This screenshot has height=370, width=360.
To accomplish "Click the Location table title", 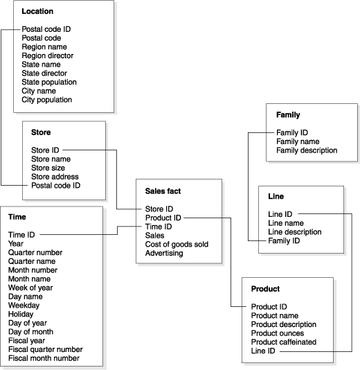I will click(37, 12).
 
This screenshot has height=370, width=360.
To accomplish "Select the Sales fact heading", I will click(163, 191).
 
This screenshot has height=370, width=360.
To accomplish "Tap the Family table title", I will click(288, 114).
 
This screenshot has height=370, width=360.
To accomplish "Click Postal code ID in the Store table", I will click(55, 185).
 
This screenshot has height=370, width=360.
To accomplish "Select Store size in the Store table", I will click(49, 167).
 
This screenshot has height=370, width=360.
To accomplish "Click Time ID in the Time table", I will click(21, 235).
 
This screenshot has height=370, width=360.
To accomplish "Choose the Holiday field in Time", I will click(21, 313).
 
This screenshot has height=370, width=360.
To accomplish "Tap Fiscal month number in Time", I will click(44, 358).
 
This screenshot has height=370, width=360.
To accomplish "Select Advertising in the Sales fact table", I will click(164, 253).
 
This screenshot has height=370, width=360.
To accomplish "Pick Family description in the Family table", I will click(307, 150).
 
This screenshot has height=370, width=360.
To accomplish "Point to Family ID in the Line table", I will click(283, 240).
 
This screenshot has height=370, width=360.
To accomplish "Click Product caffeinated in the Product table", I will click(283, 342).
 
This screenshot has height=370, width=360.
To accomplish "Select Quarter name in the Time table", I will click(32, 262).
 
